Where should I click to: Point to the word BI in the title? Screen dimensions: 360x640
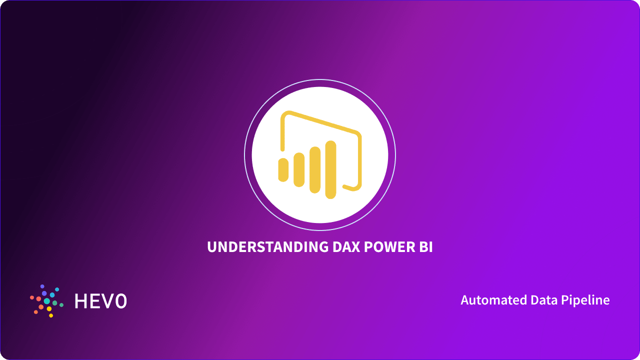pyautogui.click(x=426, y=247)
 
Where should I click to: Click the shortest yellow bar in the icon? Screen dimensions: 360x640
pyautogui.click(x=283, y=170)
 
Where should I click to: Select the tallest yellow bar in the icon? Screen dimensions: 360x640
pyautogui.click(x=330, y=169)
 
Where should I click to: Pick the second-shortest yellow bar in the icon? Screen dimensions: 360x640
pyautogui.click(x=299, y=170)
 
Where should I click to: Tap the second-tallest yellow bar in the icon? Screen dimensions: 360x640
pyautogui.click(x=315, y=169)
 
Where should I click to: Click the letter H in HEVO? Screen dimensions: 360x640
pyautogui.click(x=81, y=301)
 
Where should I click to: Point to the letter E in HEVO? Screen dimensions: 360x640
pyautogui.click(x=95, y=301)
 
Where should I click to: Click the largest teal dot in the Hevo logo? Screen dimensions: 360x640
pyautogui.click(x=47, y=301)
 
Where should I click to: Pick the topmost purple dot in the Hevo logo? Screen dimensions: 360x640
pyautogui.click(x=42, y=286)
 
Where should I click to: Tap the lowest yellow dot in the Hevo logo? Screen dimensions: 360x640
pyautogui.click(x=51, y=315)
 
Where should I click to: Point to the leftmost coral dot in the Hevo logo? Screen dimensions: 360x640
pyautogui.click(x=32, y=297)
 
